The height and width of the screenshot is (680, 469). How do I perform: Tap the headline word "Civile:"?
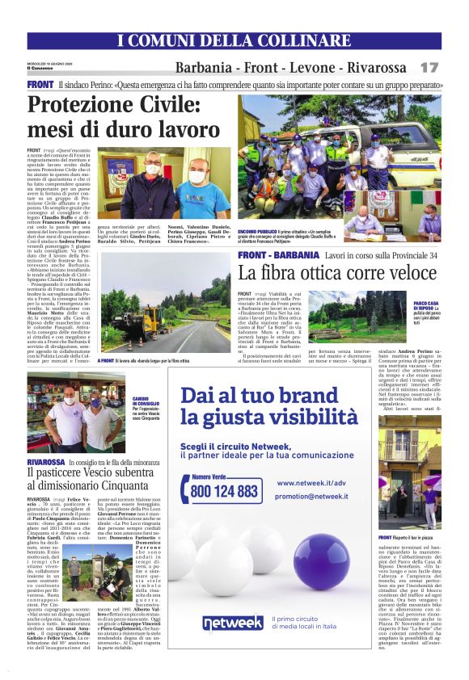point(169,105)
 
